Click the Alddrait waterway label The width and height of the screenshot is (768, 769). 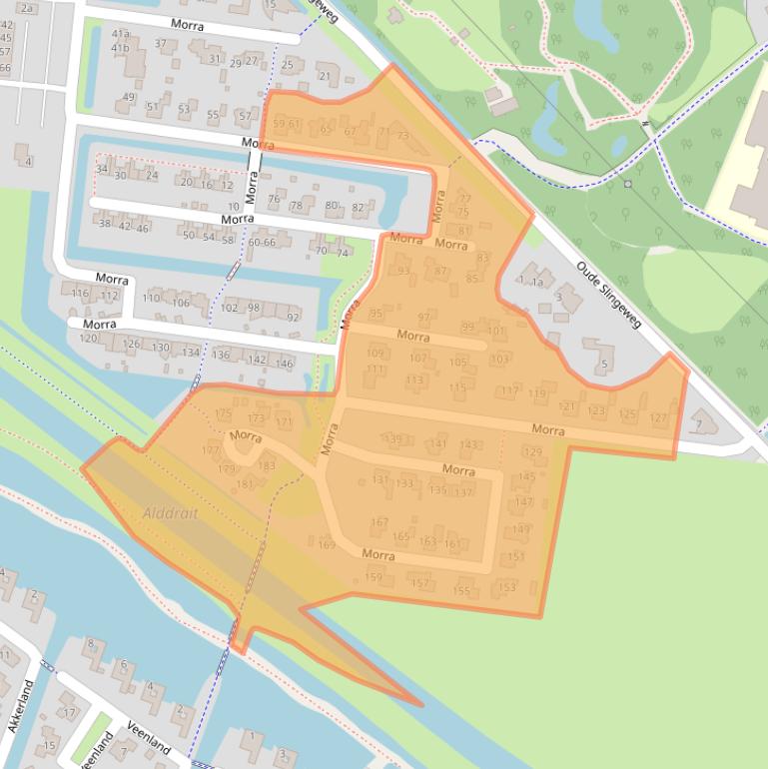pyautogui.click(x=170, y=512)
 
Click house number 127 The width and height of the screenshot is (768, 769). pyautogui.click(x=658, y=417)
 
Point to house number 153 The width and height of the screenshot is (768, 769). pyautogui.click(x=507, y=587)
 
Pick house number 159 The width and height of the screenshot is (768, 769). pyautogui.click(x=375, y=577)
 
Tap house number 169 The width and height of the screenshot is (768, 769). pyautogui.click(x=327, y=544)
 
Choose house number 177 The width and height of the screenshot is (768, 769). pyautogui.click(x=210, y=451)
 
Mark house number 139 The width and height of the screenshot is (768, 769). pyautogui.click(x=394, y=439)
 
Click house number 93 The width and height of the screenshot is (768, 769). pyautogui.click(x=403, y=271)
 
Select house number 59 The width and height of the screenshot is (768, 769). pyautogui.click(x=279, y=124)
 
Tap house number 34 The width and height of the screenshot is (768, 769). pyautogui.click(x=101, y=169)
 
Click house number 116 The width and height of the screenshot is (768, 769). pyautogui.click(x=81, y=294)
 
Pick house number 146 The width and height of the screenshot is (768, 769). pyautogui.click(x=285, y=364)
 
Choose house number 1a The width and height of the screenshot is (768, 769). pyautogui.click(x=537, y=283)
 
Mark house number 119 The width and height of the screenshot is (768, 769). pyautogui.click(x=537, y=394)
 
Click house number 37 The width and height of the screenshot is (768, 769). pyautogui.click(x=161, y=44)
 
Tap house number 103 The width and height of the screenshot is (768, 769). pyautogui.click(x=500, y=359)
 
